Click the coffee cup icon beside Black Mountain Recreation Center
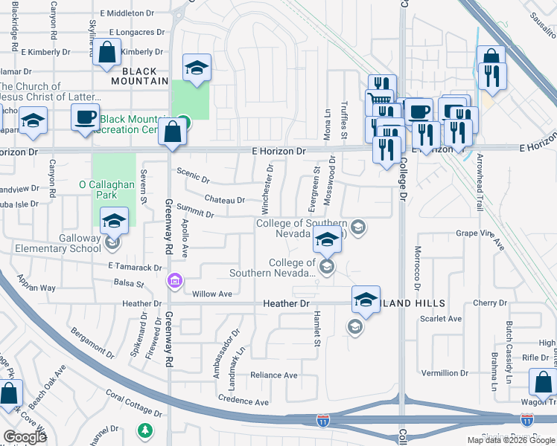pos(85,116)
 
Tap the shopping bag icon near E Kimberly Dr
pos(107,53)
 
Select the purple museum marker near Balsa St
pos(174,280)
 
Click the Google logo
pos(25,437)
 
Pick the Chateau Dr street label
pos(224,200)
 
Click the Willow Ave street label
pos(212,294)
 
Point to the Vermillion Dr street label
pos(445,373)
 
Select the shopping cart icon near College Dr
pos(381,99)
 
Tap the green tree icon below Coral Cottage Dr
pos(145,430)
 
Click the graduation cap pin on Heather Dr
pos(365,299)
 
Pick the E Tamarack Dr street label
pos(135,267)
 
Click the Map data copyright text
pos(511,440)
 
